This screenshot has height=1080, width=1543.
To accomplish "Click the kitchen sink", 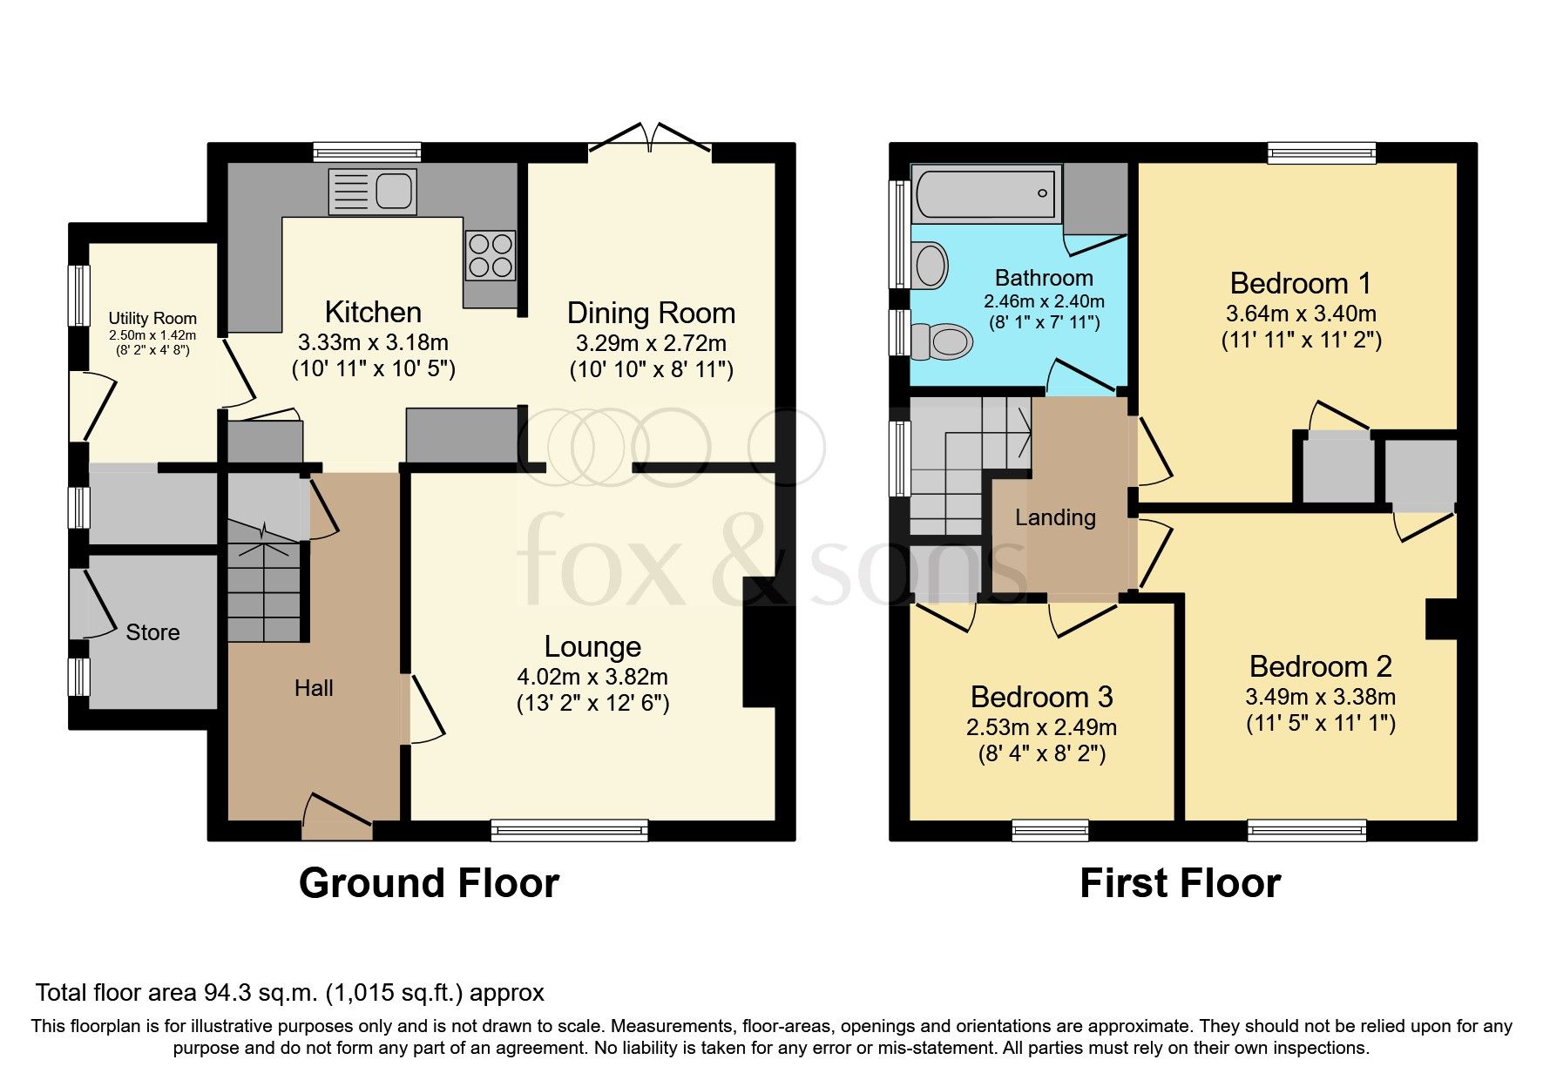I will tap(373, 192).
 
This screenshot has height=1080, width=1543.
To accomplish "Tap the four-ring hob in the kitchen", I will tap(491, 255).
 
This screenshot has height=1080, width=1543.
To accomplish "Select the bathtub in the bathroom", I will tap(985, 193).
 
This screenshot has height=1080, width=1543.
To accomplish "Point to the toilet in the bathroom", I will tap(941, 341).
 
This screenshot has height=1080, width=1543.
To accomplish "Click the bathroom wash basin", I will tap(931, 265).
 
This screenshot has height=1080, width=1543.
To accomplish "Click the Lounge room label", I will tap(592, 646).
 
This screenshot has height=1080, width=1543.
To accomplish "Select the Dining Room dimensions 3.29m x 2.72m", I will tap(651, 343).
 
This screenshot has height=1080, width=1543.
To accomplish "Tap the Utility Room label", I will tap(152, 318).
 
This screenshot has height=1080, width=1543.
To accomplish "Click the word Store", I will tap(152, 632).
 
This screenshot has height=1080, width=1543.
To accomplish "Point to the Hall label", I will tap(314, 688).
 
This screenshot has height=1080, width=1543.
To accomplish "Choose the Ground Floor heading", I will tap(429, 883).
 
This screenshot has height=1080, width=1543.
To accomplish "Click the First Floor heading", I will tap(1180, 883).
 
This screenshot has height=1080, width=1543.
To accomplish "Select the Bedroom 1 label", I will tap(1300, 283).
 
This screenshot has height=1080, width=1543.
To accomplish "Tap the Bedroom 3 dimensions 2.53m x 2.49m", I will tap(1041, 727).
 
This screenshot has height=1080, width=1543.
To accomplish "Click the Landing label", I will tap(1055, 517).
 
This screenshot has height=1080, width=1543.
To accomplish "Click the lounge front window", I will tap(569, 830).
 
